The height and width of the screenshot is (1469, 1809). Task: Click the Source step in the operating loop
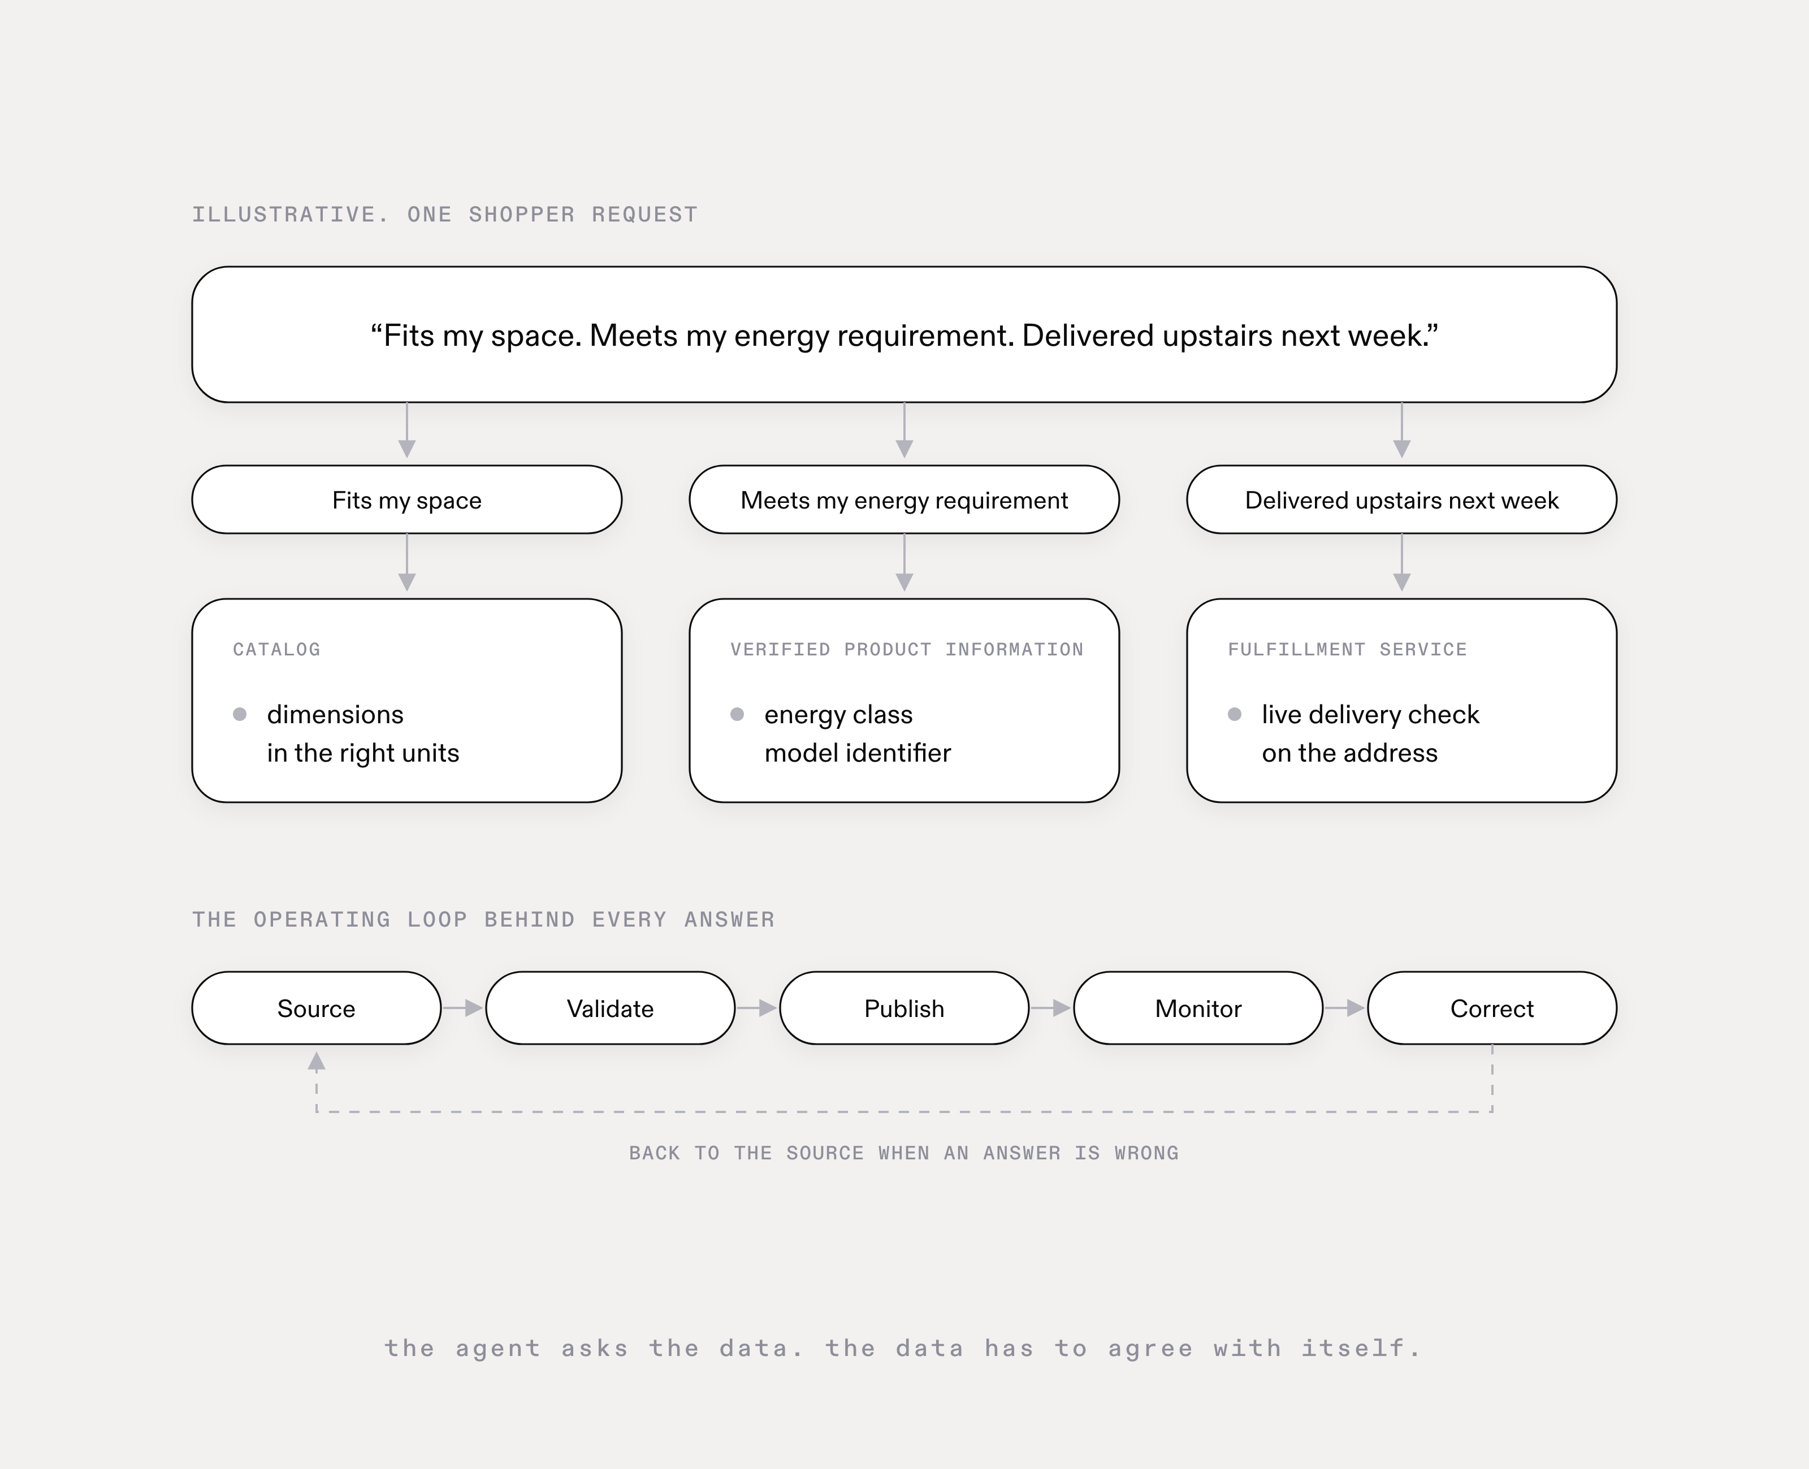(316, 1008)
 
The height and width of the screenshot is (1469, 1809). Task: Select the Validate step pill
(609, 1008)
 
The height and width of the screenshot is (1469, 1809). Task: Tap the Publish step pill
(904, 1008)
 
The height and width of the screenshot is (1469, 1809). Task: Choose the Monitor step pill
(1198, 1008)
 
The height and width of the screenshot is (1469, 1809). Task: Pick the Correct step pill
(1491, 1008)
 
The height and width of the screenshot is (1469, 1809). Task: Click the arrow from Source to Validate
(463, 1008)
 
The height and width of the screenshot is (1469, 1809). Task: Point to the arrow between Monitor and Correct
(1345, 1008)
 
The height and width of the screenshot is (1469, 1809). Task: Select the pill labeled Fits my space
(406, 499)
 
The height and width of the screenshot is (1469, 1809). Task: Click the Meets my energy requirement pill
(904, 499)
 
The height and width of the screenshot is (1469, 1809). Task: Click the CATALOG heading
(277, 649)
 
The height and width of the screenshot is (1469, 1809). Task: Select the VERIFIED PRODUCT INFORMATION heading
(907, 649)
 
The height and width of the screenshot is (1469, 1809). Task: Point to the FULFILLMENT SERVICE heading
(1347, 649)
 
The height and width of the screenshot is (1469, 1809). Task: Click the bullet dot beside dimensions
(240, 714)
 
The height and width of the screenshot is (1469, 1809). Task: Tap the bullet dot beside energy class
(737, 714)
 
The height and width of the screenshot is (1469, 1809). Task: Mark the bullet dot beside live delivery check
(1234, 714)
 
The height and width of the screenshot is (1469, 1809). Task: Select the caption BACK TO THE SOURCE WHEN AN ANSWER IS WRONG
(903, 1153)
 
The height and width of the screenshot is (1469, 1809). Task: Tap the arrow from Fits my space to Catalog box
(407, 563)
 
